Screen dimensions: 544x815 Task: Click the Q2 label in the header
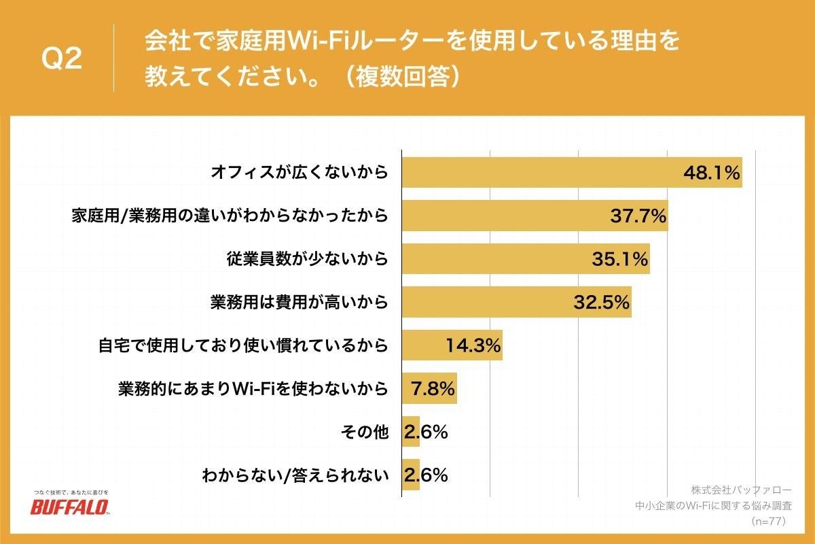pos(62,59)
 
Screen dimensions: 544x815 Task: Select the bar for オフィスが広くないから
pos(543,173)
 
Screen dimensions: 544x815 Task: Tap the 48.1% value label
pos(710,173)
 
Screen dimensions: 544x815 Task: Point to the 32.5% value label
pos(601,303)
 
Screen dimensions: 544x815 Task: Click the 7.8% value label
pos(433,389)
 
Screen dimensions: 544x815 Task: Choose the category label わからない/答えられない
pos(295,475)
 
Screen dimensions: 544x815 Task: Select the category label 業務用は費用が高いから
pos(299,303)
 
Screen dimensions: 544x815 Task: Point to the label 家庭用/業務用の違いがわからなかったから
pos(230,216)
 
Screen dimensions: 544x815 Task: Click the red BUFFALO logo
pos(70,507)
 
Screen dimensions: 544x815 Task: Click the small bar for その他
pos(411,432)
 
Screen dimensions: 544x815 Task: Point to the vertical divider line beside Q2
pos(113,58)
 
